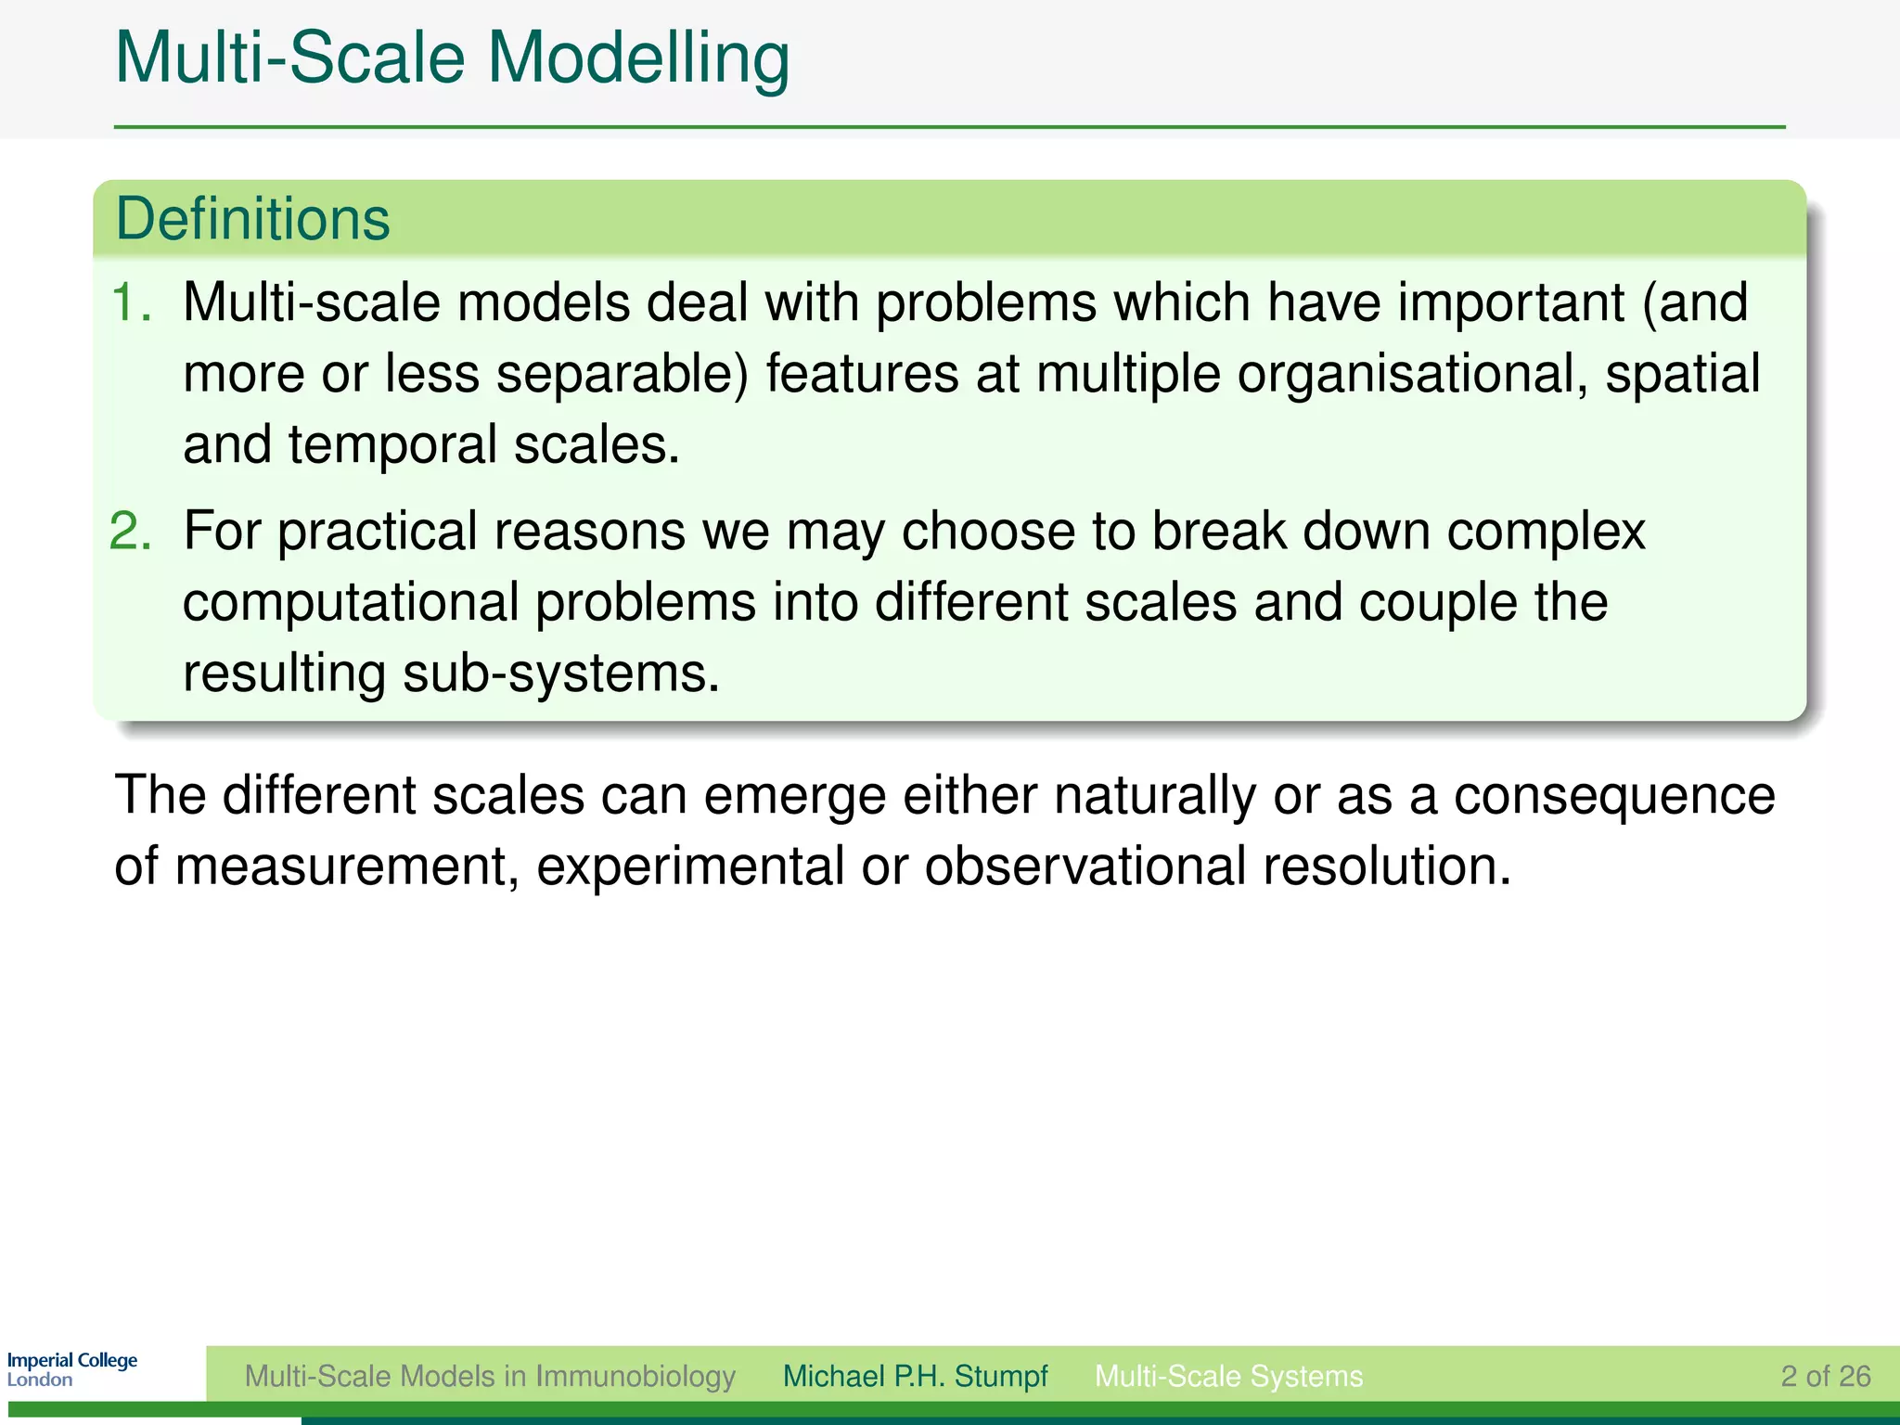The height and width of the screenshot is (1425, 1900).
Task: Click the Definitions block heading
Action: [252, 220]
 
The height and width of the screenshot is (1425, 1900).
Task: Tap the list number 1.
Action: [130, 302]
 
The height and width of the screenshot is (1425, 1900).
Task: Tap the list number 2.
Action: [130, 532]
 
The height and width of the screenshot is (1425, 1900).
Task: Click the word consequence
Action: [1613, 796]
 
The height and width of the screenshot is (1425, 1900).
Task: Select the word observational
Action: [1085, 867]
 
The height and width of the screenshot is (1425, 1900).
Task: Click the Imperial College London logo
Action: [72, 1369]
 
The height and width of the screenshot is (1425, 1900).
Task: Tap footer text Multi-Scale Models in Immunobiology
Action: [490, 1376]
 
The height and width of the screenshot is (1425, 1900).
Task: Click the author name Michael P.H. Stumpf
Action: [915, 1376]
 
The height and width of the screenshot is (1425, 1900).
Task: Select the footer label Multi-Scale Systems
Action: [1228, 1376]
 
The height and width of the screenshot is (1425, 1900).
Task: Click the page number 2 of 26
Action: [1825, 1376]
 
